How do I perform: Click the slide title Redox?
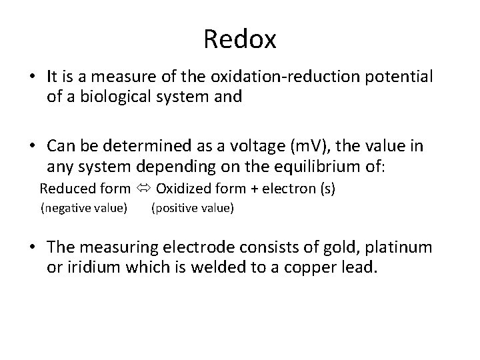240,39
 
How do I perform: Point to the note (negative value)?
84,209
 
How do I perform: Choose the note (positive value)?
193,209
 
